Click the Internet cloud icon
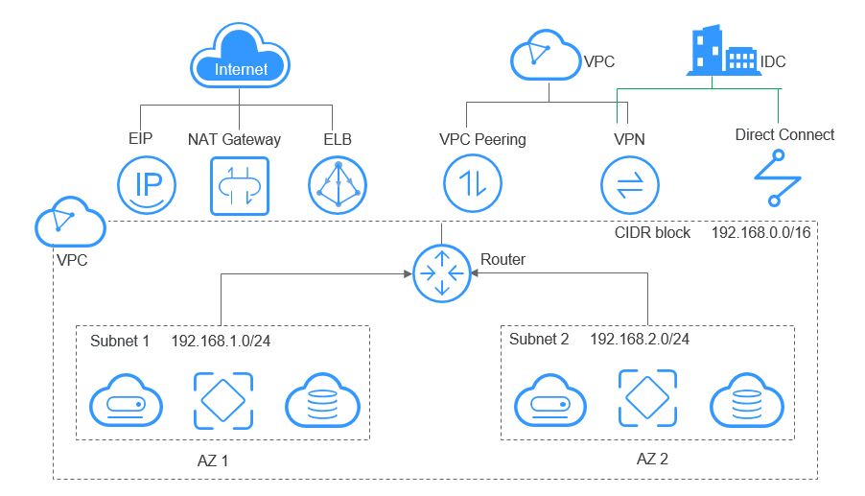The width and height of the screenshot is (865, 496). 239,59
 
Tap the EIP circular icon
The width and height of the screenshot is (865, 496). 146,185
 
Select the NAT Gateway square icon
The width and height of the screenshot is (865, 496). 239,185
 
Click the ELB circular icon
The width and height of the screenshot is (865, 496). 337,185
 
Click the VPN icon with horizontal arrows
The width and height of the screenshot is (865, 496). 628,185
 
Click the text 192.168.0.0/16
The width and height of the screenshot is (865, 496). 761,233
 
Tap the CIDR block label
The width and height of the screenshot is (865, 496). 652,233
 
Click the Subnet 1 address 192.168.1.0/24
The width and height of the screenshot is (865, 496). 222,342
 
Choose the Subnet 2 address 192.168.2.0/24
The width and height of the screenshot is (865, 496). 640,340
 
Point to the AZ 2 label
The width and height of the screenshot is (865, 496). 652,459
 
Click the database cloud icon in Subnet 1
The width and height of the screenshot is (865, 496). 321,401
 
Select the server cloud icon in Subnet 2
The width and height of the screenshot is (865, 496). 549,401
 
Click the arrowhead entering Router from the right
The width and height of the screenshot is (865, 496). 474,272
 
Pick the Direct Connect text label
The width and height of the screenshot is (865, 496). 784,135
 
